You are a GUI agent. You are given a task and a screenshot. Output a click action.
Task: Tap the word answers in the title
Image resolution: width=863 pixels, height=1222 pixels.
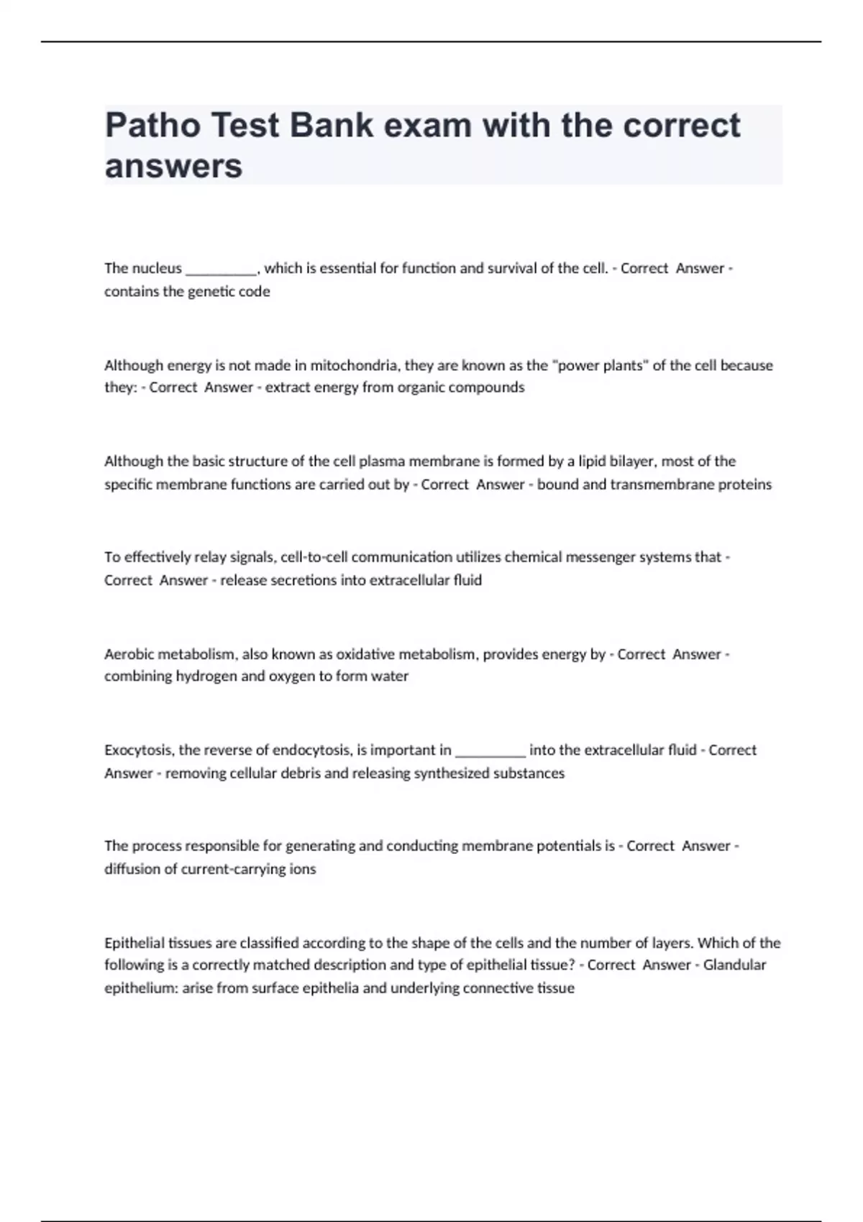(x=173, y=166)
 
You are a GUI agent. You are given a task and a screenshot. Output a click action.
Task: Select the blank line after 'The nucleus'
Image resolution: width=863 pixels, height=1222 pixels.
(x=221, y=270)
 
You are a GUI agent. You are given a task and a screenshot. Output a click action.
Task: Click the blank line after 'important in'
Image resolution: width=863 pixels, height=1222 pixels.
(x=490, y=752)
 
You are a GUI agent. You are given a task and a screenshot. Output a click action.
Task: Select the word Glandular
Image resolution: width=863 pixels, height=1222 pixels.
(x=734, y=965)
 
